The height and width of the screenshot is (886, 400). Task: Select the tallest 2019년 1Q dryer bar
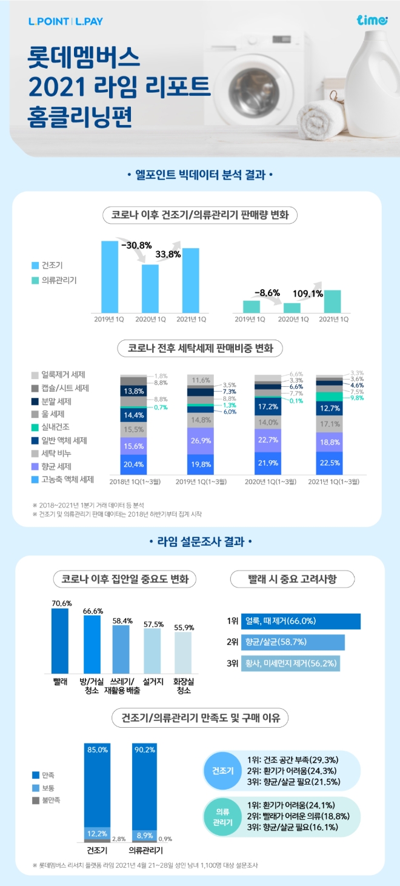(x=110, y=277)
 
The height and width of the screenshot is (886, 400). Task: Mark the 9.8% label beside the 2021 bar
(x=357, y=398)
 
